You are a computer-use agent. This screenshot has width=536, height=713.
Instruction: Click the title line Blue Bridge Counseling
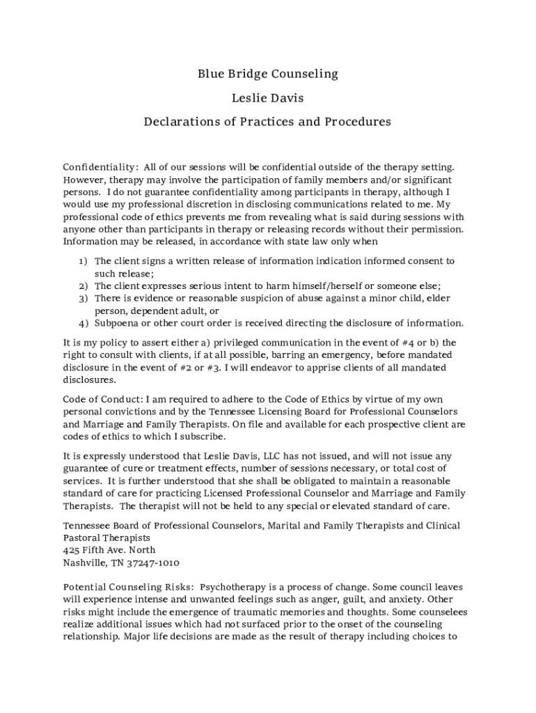[267, 73]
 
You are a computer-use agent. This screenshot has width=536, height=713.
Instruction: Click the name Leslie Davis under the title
[267, 97]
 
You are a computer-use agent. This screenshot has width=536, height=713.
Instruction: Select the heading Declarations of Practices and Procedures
[267, 122]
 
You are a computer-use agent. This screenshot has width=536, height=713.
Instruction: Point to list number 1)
[82, 261]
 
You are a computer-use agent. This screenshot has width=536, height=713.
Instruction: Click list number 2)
[82, 286]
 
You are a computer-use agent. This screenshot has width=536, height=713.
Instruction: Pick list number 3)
[82, 299]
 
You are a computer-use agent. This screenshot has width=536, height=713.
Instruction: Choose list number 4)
[82, 324]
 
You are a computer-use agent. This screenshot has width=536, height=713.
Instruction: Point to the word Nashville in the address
[85, 563]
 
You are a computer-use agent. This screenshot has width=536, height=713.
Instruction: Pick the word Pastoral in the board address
[82, 538]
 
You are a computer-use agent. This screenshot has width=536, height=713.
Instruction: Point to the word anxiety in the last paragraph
[405, 600]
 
